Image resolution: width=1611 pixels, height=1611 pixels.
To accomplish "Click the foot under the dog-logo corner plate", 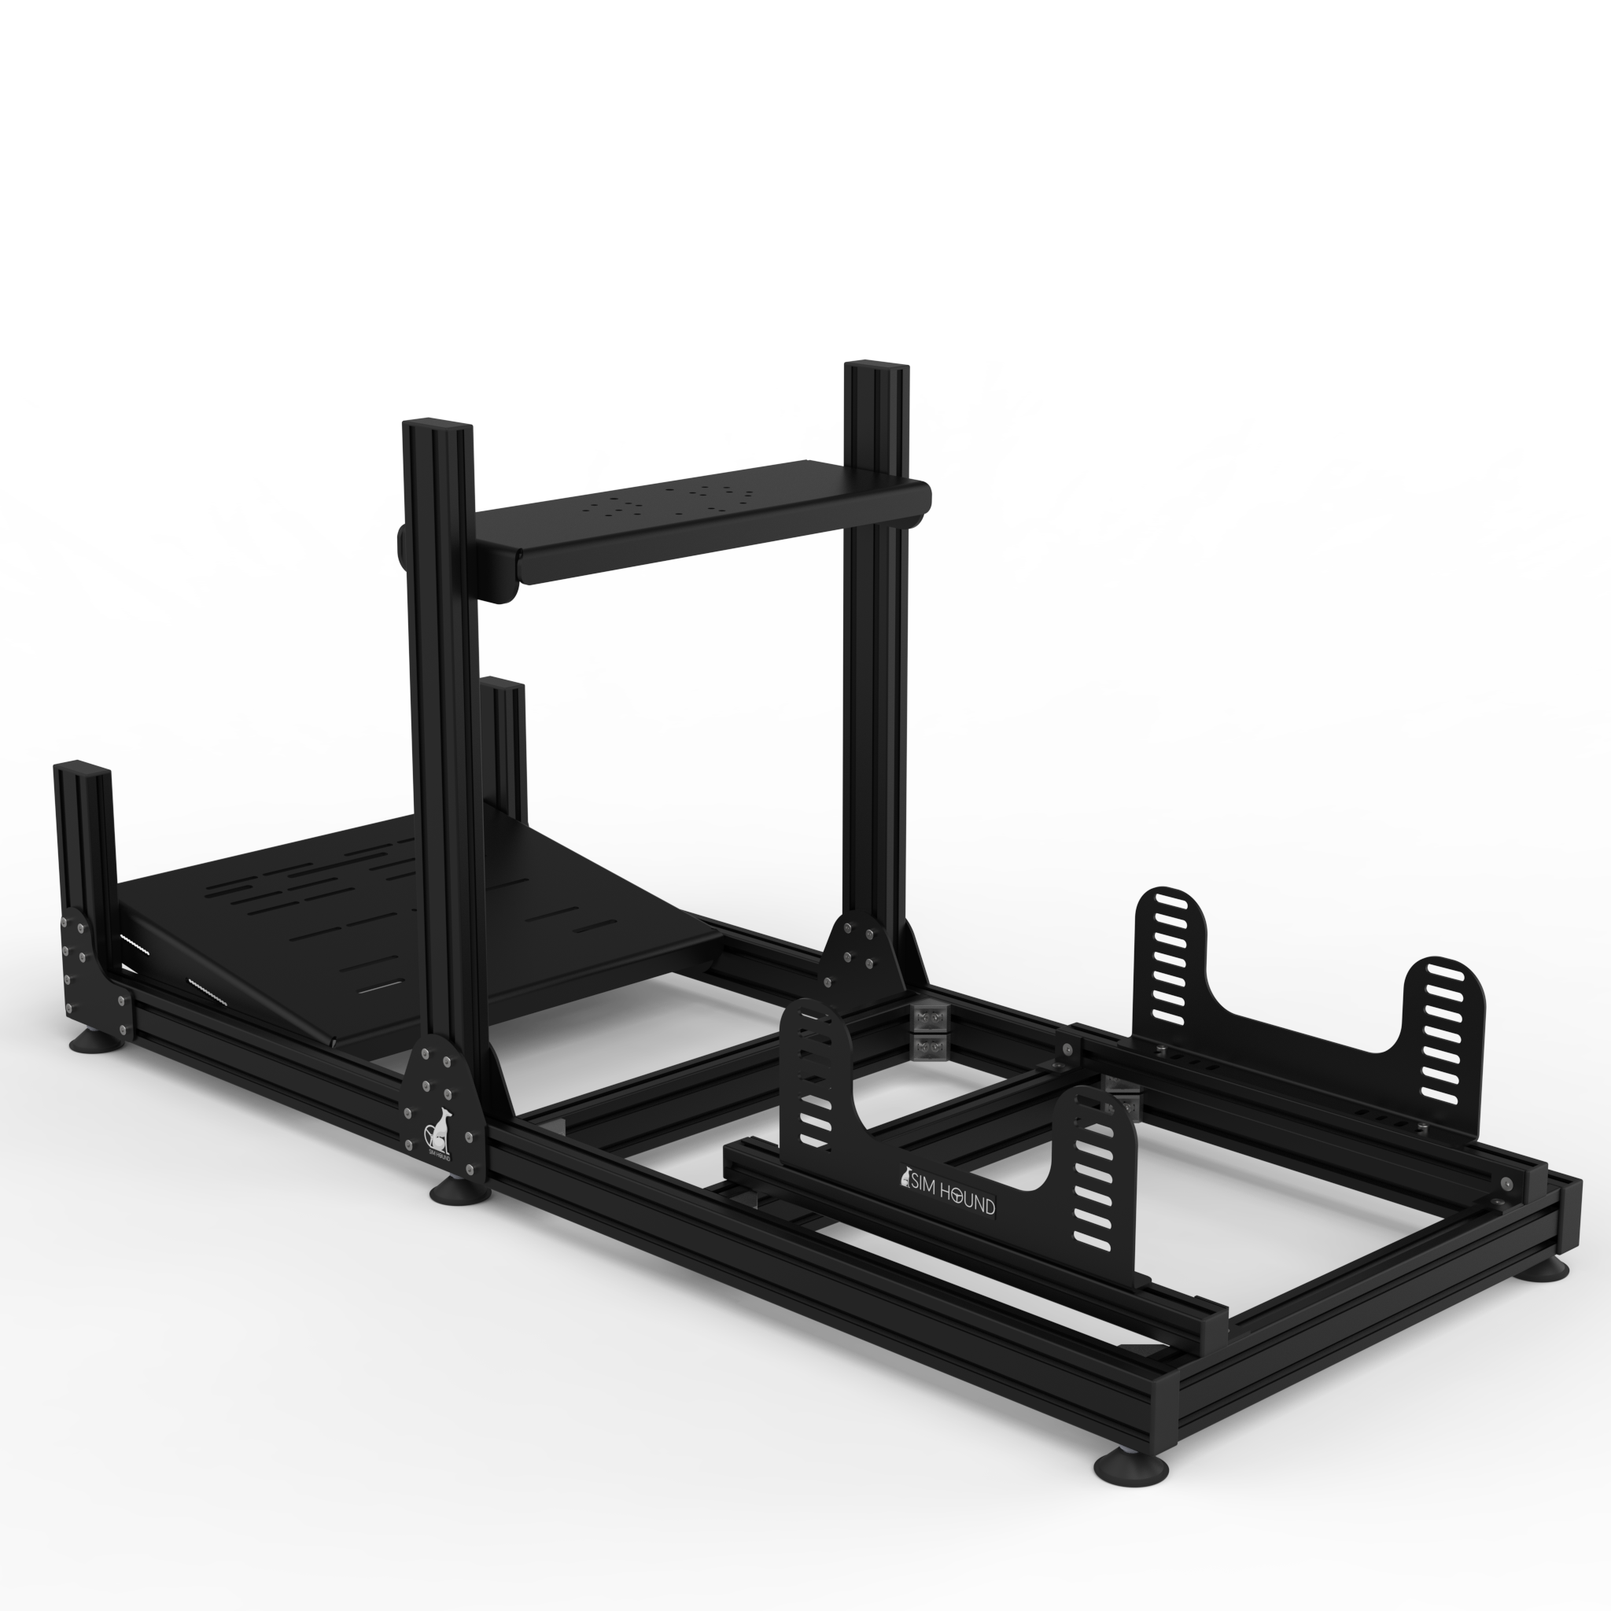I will click(459, 1192).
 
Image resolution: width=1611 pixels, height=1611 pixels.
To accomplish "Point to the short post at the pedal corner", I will click(82, 834).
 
